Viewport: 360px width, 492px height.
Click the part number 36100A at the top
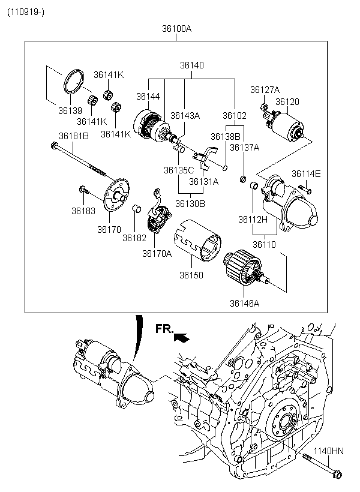(176, 29)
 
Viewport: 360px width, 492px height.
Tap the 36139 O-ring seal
(73, 82)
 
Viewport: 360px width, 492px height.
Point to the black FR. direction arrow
(181, 338)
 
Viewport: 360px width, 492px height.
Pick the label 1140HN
(329, 451)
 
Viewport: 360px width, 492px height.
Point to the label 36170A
(157, 253)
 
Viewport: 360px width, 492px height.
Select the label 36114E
(306, 174)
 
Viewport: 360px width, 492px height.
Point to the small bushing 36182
(136, 209)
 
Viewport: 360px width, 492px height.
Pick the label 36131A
(204, 181)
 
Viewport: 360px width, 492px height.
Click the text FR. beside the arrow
(164, 328)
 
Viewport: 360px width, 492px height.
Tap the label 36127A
(265, 90)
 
